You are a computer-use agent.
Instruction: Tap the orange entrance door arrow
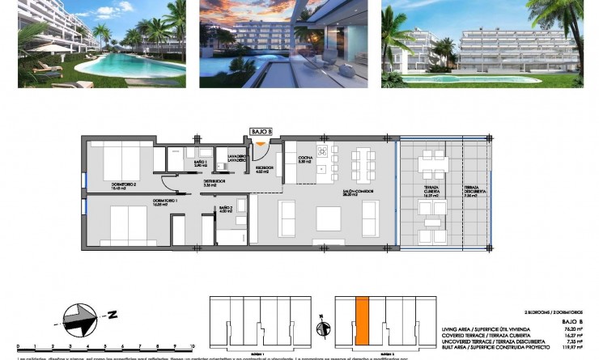point(261,145)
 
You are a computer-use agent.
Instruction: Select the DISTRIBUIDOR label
point(214,183)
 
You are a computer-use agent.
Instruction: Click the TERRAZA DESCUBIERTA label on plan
point(470,192)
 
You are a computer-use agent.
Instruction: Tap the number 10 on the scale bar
point(191,344)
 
